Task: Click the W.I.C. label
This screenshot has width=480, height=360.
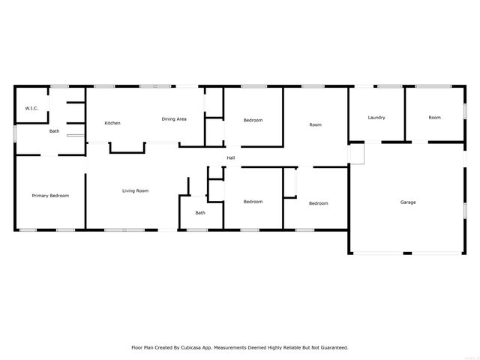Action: click(x=31, y=109)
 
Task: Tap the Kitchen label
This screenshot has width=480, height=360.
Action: click(x=112, y=123)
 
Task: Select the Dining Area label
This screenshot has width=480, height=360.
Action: click(x=175, y=119)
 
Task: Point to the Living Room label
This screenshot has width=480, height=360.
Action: click(x=136, y=190)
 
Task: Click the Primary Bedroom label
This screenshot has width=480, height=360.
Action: click(x=50, y=196)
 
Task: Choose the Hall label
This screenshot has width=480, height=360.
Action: click(x=231, y=157)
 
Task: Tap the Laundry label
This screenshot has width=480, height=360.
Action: click(x=376, y=118)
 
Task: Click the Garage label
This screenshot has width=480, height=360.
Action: click(x=408, y=202)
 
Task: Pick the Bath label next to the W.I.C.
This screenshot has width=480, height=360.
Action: click(x=55, y=131)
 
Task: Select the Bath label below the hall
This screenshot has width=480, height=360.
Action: click(x=200, y=213)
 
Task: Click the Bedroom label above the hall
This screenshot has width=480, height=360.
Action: click(x=253, y=120)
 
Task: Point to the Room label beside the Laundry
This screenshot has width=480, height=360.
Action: click(x=316, y=124)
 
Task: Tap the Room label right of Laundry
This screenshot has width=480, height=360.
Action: click(x=435, y=118)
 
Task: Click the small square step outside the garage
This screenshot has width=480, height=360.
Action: click(x=355, y=154)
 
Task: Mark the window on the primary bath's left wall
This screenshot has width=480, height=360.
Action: click(x=15, y=133)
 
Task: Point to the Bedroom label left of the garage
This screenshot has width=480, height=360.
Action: click(x=319, y=203)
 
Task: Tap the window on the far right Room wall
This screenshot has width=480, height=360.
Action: click(x=464, y=109)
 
